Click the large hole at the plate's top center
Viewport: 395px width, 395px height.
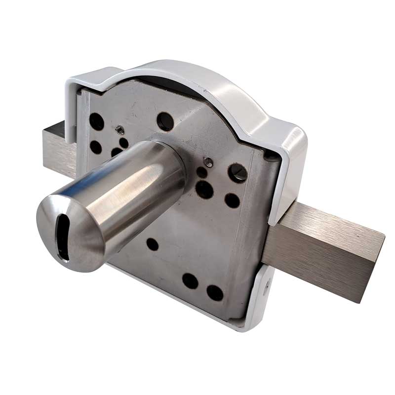(165, 121)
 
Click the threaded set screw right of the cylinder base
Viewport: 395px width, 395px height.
(208, 160)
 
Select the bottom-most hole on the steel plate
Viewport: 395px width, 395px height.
(215, 293)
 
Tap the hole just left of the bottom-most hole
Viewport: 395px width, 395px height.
(190, 281)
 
